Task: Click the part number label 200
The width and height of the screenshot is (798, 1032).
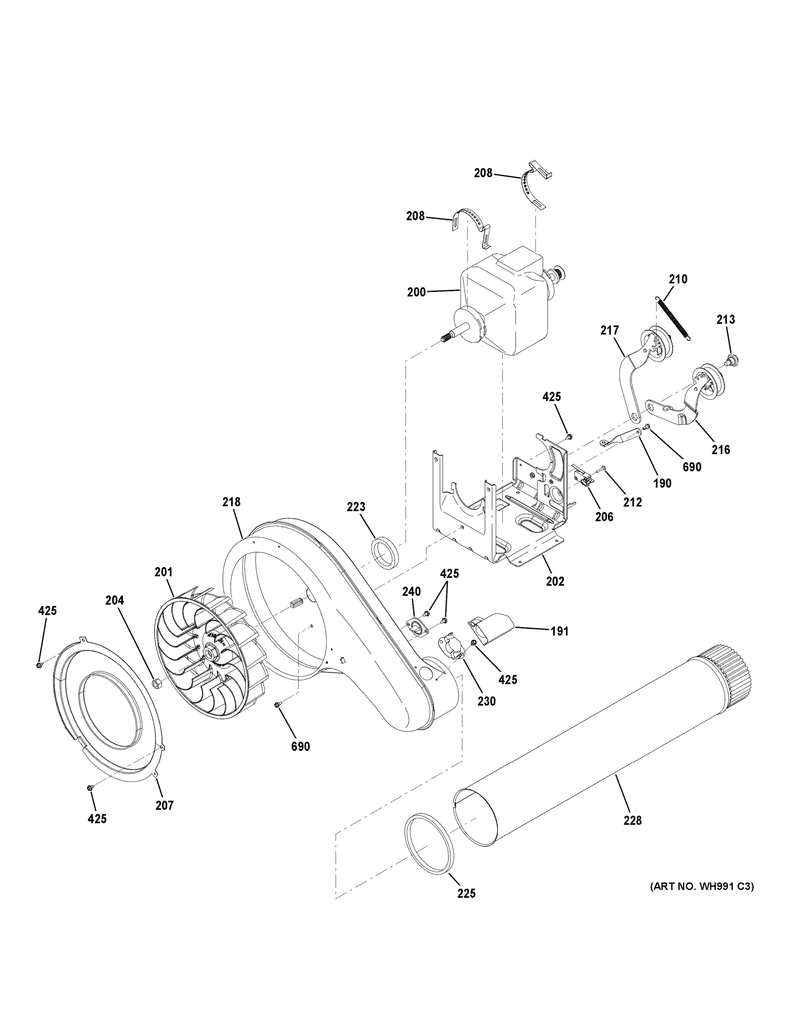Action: tap(416, 292)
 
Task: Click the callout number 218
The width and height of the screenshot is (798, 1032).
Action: tap(231, 502)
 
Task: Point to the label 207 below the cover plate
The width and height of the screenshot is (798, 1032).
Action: tap(164, 805)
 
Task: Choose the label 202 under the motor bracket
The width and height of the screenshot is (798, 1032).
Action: tap(555, 581)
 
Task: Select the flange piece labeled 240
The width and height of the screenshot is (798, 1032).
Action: tap(416, 626)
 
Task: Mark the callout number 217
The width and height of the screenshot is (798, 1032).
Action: tap(610, 330)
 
